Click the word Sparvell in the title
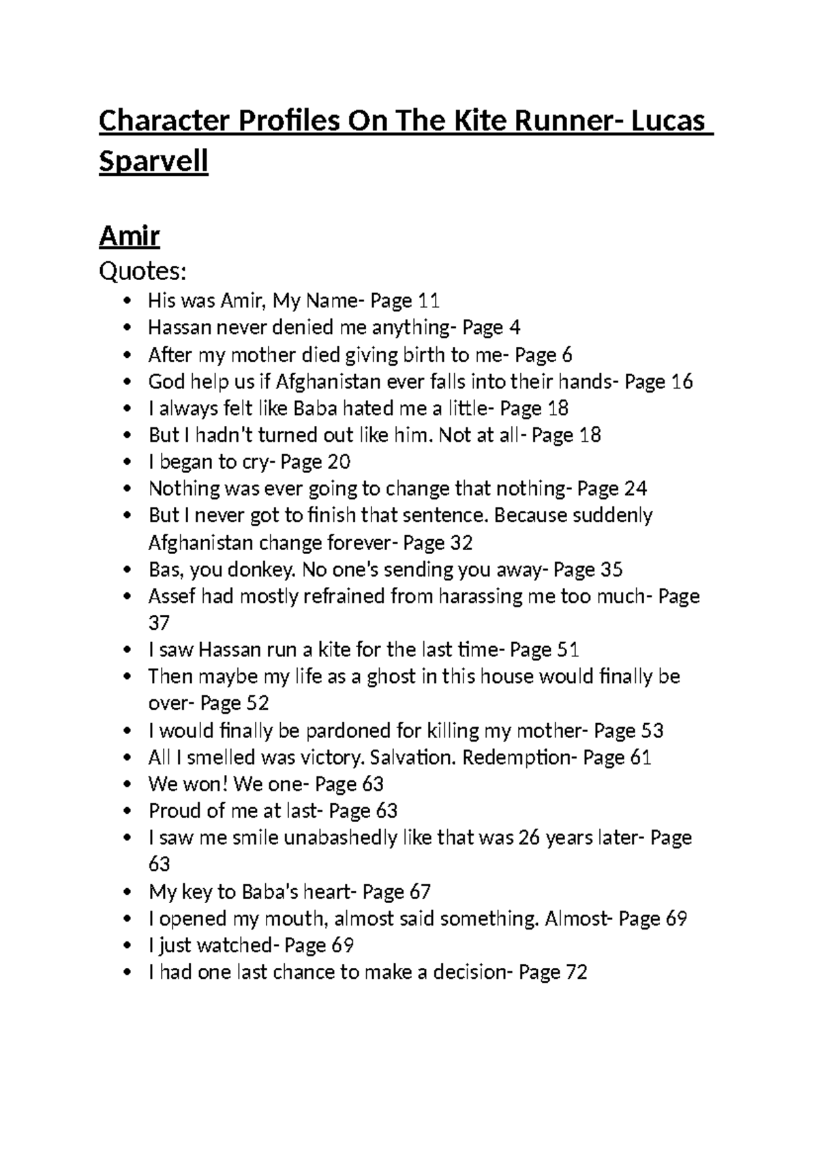153,162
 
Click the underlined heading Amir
130,236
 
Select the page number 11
428,301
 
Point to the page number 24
635,489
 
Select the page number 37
159,623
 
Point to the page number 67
420,892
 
